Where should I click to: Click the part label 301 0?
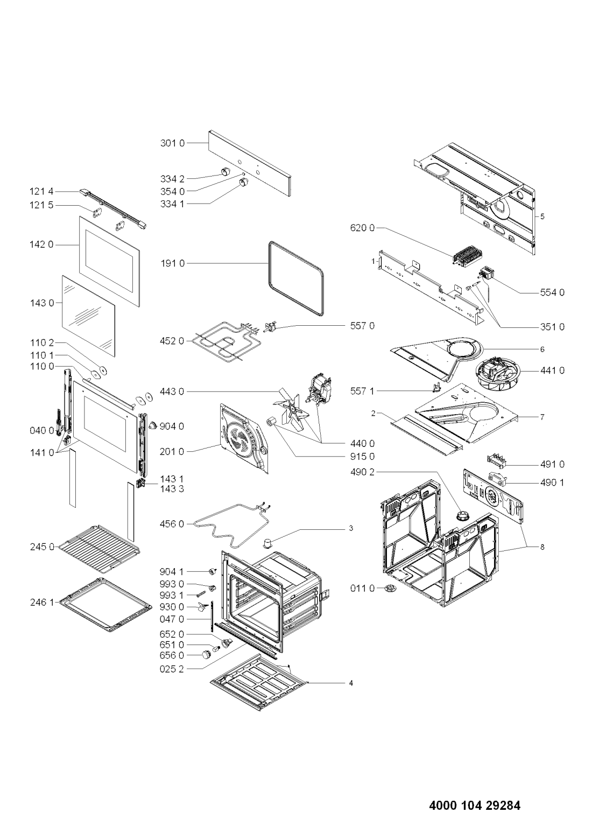tap(172, 143)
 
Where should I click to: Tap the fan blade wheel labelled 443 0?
tap(291, 410)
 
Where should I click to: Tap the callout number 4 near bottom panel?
tap(351, 683)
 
